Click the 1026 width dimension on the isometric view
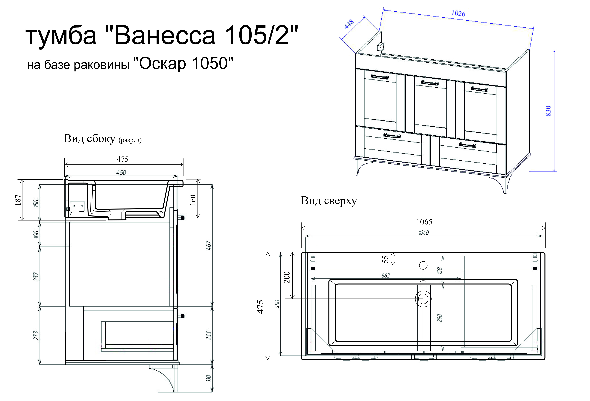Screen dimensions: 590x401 coord(458,13)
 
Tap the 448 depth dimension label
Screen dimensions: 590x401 coord(349,24)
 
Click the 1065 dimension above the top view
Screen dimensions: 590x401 coord(424,222)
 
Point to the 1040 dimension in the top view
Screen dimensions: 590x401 coord(424,233)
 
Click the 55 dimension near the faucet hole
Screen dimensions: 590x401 coord(385,259)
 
